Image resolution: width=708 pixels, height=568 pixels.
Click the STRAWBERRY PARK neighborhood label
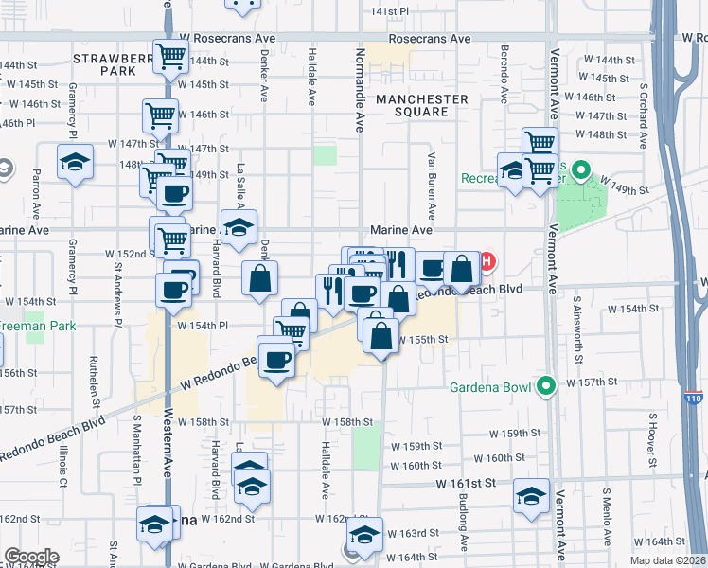click(113, 63)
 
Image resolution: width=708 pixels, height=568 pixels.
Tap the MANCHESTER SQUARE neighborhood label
click(421, 105)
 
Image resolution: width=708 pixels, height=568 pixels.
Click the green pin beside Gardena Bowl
click(546, 385)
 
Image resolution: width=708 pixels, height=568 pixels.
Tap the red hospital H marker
click(487, 261)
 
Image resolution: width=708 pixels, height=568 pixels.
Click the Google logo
click(31, 558)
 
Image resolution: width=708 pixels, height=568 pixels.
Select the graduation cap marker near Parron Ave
click(75, 162)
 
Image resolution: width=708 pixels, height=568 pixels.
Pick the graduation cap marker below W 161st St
click(532, 496)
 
